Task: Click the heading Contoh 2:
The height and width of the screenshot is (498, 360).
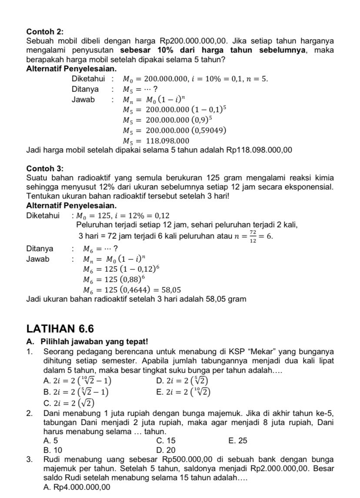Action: [45, 32]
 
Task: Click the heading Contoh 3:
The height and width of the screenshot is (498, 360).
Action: [45, 168]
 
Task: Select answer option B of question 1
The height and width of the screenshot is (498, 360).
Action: [76, 392]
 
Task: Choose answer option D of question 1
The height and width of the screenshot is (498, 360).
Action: [181, 381]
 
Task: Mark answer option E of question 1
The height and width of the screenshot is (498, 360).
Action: [183, 392]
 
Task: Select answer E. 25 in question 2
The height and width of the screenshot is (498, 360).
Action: [237, 441]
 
